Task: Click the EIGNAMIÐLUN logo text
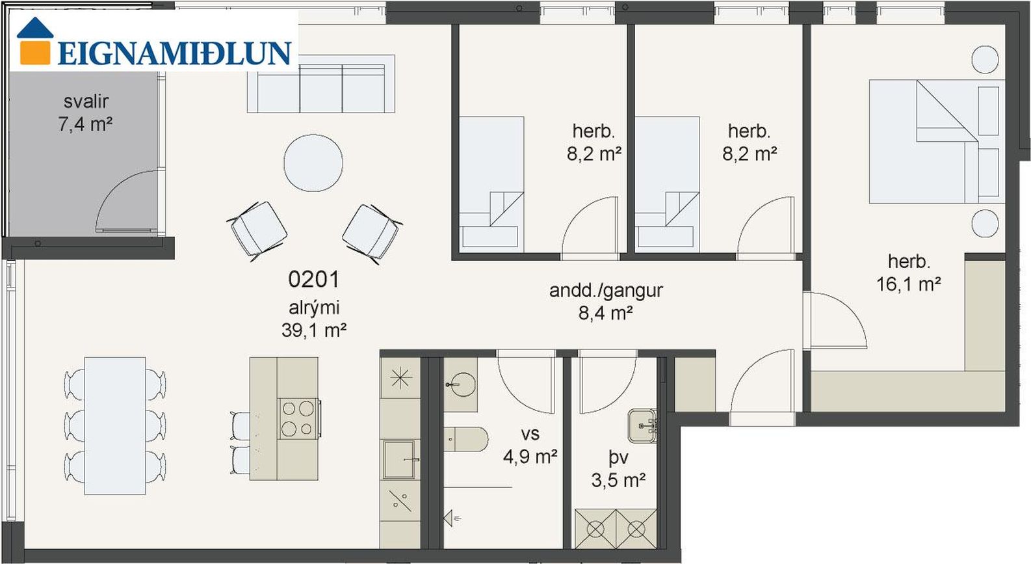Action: click(x=174, y=53)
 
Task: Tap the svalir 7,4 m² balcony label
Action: click(x=86, y=113)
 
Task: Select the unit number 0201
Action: click(x=313, y=279)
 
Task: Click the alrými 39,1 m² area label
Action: click(x=314, y=319)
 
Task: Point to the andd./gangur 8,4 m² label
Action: click(x=606, y=302)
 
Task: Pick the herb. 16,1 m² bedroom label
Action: click(x=909, y=273)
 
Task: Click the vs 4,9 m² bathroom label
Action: click(x=530, y=445)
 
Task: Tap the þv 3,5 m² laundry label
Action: click(x=618, y=468)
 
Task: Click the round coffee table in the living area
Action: click(x=313, y=162)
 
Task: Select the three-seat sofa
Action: click(x=321, y=84)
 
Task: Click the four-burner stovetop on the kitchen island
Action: click(x=298, y=419)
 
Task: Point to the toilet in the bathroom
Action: click(x=465, y=439)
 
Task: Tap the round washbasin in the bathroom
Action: click(x=461, y=384)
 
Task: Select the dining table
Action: click(x=115, y=426)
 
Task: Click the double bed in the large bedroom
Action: click(x=937, y=141)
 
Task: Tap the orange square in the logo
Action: click(x=35, y=53)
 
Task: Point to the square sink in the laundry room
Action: click(x=642, y=426)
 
